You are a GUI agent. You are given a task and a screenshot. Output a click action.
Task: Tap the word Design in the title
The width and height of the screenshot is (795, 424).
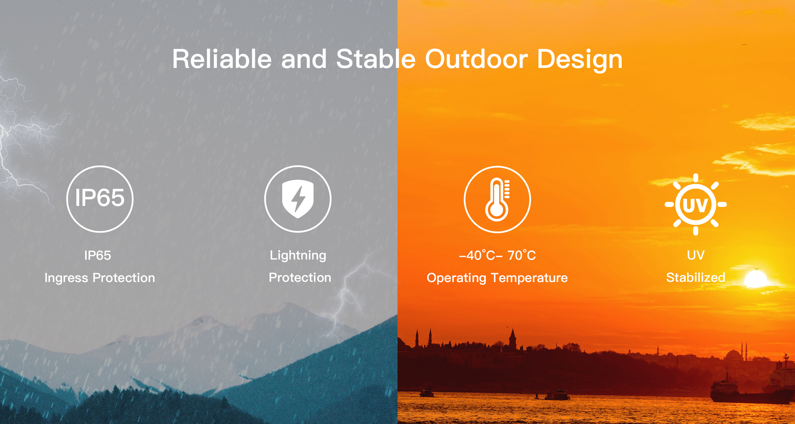(580, 60)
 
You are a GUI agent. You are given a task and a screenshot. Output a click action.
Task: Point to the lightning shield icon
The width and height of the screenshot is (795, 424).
(298, 199)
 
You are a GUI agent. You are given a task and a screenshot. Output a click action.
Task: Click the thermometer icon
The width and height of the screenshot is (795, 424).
(497, 199)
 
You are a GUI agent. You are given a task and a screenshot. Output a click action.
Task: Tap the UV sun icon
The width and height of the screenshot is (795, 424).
(696, 204)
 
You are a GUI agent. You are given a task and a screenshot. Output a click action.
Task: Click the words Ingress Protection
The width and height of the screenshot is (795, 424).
(100, 278)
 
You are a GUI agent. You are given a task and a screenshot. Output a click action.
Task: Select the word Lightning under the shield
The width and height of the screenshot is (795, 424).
(298, 256)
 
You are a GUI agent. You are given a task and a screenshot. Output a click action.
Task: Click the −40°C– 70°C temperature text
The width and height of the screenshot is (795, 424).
(497, 255)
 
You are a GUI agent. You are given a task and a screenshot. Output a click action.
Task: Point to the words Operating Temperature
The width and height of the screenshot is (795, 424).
(497, 278)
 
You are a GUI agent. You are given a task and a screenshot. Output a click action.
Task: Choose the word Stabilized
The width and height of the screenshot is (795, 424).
(696, 277)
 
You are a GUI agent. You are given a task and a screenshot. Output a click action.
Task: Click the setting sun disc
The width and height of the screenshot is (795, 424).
(756, 279)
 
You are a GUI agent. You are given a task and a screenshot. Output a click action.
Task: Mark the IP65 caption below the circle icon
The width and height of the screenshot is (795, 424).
(98, 256)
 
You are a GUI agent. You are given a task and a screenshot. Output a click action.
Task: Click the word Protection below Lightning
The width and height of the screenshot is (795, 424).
(300, 278)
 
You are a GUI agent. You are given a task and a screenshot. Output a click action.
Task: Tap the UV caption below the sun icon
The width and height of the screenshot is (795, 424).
(696, 255)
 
